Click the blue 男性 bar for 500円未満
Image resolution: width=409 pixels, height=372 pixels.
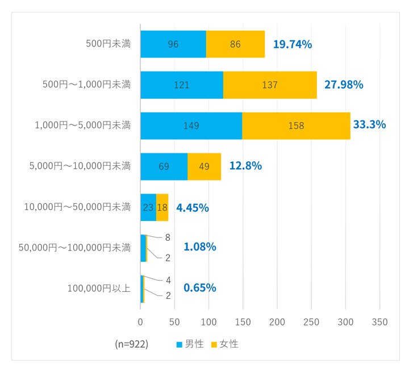pos(173,44)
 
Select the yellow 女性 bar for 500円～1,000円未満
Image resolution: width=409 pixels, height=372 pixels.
pos(270,85)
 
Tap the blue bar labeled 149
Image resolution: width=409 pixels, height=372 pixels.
pos(191,126)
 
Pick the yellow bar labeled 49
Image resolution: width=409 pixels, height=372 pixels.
pos(204,166)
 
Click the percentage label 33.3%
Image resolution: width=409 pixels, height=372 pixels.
pos(369,124)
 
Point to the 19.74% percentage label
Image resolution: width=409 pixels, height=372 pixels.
pos(293,44)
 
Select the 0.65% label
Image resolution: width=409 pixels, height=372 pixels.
pos(199,288)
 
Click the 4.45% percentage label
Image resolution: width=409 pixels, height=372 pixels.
pos(193,208)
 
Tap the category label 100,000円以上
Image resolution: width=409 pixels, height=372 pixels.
pos(99,289)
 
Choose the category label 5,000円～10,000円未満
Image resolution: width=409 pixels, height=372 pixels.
pos(80,166)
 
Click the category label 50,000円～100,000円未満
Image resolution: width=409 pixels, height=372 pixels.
pos(75,248)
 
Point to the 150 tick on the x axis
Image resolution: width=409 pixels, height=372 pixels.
pos(243,322)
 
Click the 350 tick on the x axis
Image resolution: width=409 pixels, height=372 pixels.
pos(379,322)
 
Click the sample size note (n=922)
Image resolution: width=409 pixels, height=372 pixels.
pos(131,344)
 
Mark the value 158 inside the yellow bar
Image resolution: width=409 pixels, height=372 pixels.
pos(296,126)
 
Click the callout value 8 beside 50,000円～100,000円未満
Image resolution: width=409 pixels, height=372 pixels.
pos(168,237)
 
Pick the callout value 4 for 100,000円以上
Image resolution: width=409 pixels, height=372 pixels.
pos(168,280)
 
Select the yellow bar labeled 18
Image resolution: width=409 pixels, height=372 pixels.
pos(162,207)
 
